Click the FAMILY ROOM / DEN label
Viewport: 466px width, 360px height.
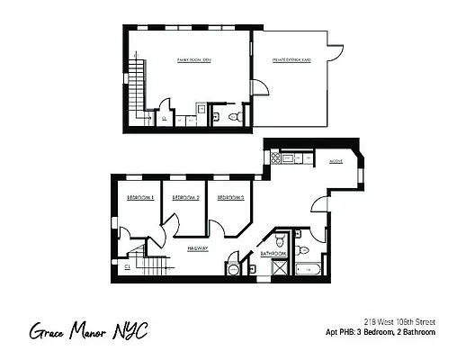[x=193, y=60]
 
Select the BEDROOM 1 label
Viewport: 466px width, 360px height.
[x=139, y=197]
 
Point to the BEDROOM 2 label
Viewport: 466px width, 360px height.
[x=184, y=197]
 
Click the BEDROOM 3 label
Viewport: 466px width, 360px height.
[x=230, y=197]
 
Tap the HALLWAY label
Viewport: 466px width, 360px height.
[x=198, y=248]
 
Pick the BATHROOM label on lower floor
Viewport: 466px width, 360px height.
[x=273, y=255]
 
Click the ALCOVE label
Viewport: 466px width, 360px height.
[x=336, y=163]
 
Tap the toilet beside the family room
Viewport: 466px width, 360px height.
[x=233, y=117]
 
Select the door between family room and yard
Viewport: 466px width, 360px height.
[x=256, y=87]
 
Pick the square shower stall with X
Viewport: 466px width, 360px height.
[x=280, y=267]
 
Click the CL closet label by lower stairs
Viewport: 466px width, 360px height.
[x=128, y=266]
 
